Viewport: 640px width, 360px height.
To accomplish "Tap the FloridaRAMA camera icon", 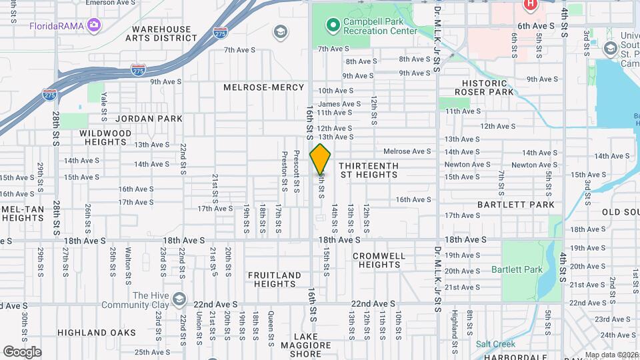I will pyautogui.click(x=94, y=26).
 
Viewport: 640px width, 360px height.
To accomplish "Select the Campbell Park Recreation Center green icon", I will pyautogui.click(x=332, y=26).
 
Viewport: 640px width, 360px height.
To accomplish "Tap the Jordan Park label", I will pyautogui.click(x=149, y=119).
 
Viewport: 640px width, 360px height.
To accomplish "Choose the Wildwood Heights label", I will pyautogui.click(x=105, y=137).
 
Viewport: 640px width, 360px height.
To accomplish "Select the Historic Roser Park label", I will pyautogui.click(x=485, y=87).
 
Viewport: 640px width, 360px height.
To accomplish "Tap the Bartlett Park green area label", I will pyautogui.click(x=517, y=269).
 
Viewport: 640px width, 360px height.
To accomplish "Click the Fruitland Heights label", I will pyautogui.click(x=275, y=279).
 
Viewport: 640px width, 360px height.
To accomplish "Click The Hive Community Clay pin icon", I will pyautogui.click(x=178, y=298).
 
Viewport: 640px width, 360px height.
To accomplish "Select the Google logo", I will pyautogui.click(x=22, y=351).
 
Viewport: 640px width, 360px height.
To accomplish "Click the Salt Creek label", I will pyautogui.click(x=495, y=344).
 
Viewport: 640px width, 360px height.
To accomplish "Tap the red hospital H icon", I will pyautogui.click(x=530, y=5).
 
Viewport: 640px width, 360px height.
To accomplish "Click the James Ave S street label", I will pyautogui.click(x=339, y=104).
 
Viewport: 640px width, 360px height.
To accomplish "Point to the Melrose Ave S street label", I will pyautogui.click(x=407, y=152).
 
